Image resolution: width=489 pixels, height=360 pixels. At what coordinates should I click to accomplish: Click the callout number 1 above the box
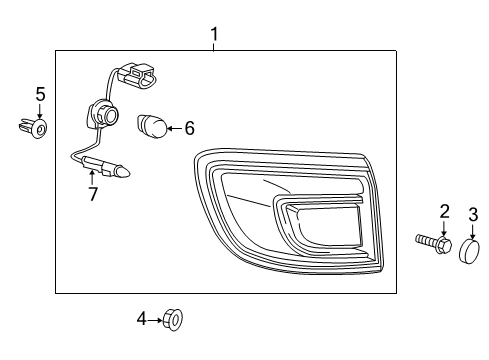(x=214, y=36)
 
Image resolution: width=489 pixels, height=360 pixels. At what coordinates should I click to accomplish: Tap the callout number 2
(x=445, y=210)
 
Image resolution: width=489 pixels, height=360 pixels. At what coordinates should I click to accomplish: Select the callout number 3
(x=474, y=213)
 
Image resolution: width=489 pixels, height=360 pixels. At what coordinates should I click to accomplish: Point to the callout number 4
(x=142, y=318)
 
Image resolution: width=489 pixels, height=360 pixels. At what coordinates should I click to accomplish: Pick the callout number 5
(x=40, y=94)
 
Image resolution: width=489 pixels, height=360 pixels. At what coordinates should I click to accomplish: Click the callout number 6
(x=188, y=127)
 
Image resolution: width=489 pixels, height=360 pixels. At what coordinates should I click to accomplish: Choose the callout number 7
(x=93, y=194)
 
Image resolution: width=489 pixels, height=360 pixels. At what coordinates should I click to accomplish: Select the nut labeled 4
(x=173, y=319)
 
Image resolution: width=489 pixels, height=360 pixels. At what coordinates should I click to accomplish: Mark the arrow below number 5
(x=40, y=112)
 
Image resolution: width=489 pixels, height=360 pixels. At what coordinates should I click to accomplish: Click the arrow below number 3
(x=473, y=231)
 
